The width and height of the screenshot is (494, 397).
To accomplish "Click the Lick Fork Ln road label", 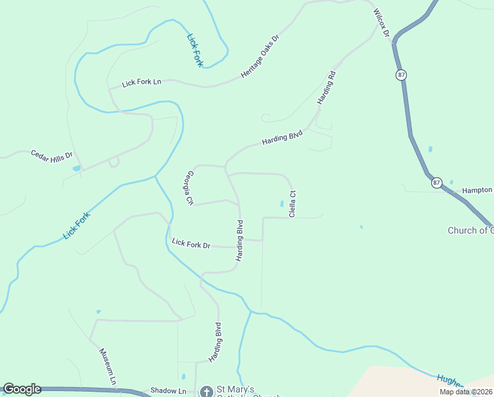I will coord(141,83).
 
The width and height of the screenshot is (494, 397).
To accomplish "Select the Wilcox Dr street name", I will coord(382,23).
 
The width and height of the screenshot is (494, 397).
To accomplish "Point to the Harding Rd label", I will coord(327,87).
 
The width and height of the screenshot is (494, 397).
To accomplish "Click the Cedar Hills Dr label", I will coord(52,157).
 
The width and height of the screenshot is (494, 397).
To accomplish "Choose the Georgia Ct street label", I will coord(190,187).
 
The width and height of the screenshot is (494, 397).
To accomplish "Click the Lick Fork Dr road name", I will coord(191,243).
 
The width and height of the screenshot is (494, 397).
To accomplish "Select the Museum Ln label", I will coord(108,367).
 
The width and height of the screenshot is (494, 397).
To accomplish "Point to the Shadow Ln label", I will coord(168,391).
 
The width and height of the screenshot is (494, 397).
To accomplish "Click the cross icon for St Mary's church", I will coord(207,392).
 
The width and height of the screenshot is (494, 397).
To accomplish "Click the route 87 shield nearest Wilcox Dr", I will coord(402,75).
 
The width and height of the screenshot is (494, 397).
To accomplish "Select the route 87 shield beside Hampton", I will coord(437,182).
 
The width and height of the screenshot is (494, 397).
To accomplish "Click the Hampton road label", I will coord(477,190).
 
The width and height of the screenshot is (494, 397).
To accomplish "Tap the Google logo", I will coord(22,389).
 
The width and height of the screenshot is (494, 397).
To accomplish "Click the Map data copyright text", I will coord(466,392).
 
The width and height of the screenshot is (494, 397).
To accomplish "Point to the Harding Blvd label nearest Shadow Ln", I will coord(215,342).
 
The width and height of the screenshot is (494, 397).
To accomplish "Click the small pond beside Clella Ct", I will coord(282,204).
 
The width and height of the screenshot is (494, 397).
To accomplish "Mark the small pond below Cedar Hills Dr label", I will coord(76,169).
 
